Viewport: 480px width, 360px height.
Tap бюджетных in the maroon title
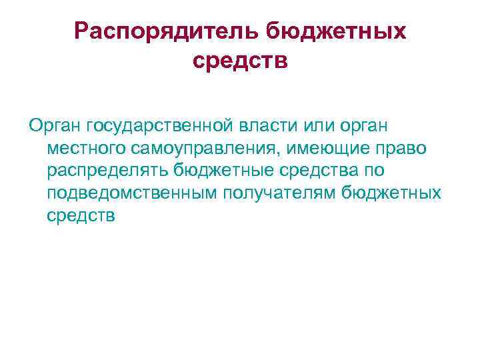(x=337, y=31)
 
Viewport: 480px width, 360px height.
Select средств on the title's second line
(x=240, y=61)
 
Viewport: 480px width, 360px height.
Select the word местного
(x=84, y=148)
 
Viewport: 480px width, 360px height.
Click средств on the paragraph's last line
(x=81, y=216)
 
